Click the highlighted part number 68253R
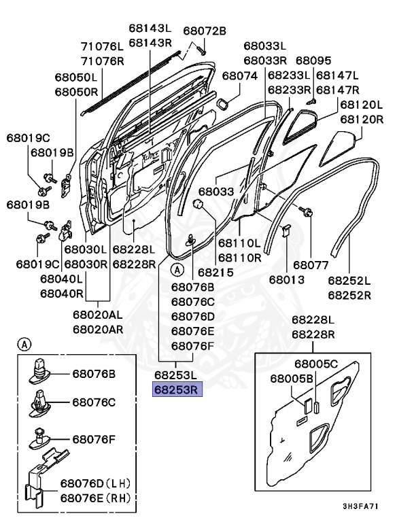[x=175, y=389]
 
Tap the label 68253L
[x=175, y=375]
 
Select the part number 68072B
[x=204, y=31]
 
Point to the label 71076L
[x=103, y=46]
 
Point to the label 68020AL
[x=99, y=315]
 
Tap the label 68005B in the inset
[x=291, y=378]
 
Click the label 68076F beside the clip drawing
[x=94, y=440]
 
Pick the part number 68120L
[x=362, y=105]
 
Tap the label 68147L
[x=337, y=75]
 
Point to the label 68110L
[x=239, y=243]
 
